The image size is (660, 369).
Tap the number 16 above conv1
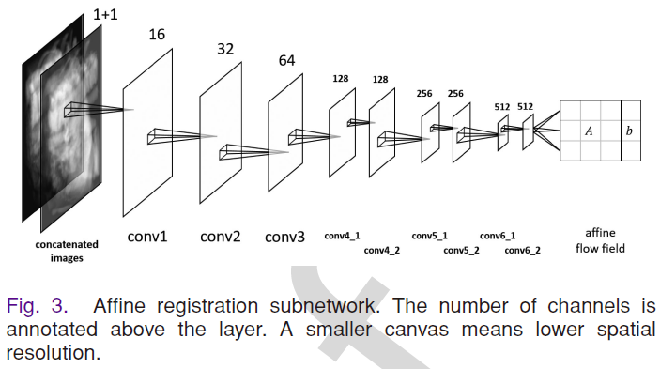[x=156, y=34]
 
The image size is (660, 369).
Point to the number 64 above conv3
[x=287, y=60]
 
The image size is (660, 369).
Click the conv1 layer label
[x=146, y=237]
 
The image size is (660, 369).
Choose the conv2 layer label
[x=220, y=237]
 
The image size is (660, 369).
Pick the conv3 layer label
[x=284, y=238]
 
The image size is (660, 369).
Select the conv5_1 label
[x=429, y=237]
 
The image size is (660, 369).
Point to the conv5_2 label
[x=461, y=251]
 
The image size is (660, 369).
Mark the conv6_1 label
[x=498, y=237]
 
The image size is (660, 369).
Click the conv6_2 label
[x=522, y=251]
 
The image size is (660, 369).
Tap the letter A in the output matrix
[x=589, y=131]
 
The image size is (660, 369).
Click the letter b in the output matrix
[x=629, y=131]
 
